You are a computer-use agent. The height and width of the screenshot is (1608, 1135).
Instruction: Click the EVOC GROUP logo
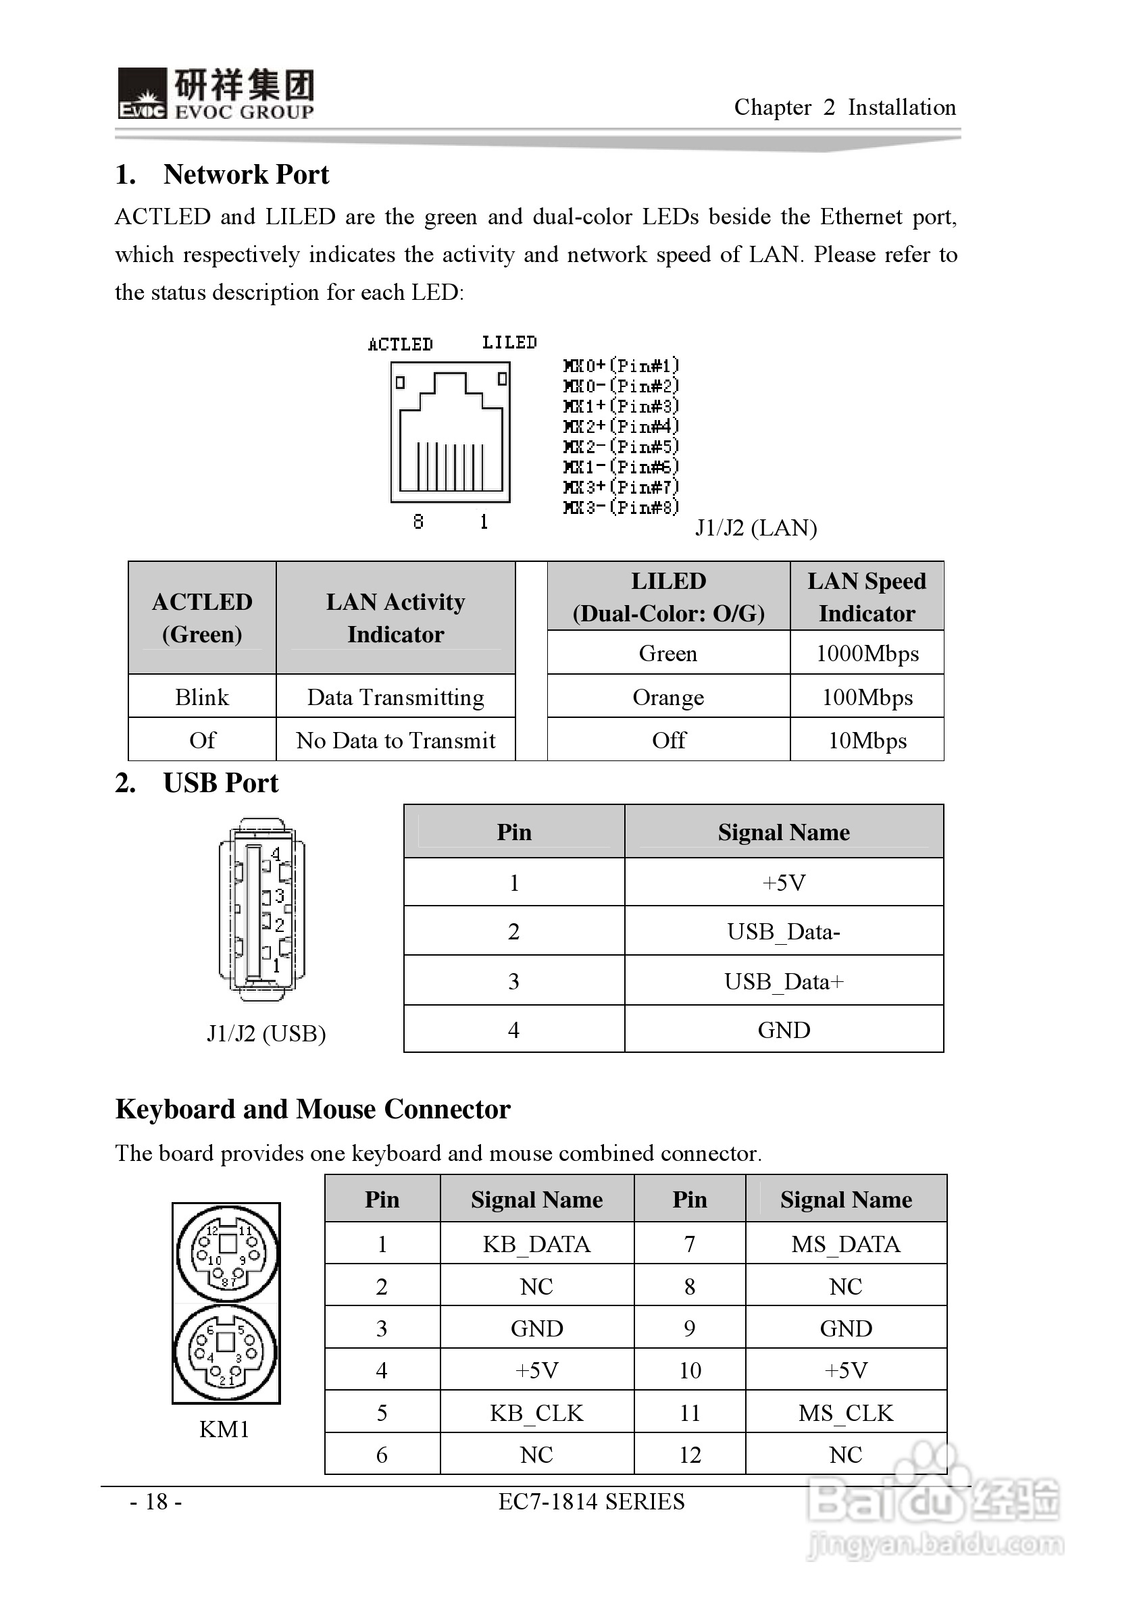pos(216,94)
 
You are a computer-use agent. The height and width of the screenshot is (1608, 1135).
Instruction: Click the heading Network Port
pos(245,174)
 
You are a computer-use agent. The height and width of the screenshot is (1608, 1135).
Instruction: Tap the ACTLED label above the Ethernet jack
pos(400,344)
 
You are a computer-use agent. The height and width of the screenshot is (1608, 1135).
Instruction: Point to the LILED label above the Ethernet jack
pos(509,342)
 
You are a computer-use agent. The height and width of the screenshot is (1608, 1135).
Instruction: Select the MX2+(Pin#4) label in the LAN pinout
pos(621,426)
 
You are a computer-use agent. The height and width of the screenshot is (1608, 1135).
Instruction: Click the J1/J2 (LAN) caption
pos(755,527)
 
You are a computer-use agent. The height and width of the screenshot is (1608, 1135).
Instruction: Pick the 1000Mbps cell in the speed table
pos(867,653)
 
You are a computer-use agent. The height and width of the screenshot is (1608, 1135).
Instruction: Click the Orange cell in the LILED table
pos(667,697)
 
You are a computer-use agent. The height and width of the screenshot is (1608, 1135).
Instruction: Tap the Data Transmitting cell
pos(395,697)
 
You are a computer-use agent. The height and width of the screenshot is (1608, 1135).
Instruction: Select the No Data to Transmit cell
pos(395,740)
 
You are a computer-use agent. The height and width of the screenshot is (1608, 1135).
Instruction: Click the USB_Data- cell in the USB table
pos(783,931)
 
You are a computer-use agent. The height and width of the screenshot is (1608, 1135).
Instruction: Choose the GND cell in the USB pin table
pos(783,1029)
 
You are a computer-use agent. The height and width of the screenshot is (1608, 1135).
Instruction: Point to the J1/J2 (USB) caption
pos(266,1033)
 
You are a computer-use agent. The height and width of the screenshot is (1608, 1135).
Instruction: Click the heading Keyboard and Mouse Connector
pos(313,1110)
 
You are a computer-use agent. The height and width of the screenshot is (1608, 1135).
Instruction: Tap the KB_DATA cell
pos(536,1244)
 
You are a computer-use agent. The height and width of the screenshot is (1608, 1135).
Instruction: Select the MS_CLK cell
pos(846,1413)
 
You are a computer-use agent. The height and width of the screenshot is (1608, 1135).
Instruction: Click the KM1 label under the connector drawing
pos(224,1429)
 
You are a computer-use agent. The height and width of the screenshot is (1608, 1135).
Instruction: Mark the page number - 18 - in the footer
pos(155,1501)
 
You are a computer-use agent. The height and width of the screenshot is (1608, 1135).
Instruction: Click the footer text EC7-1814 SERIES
pos(591,1501)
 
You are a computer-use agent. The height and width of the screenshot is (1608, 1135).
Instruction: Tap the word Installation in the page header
pos(902,107)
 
